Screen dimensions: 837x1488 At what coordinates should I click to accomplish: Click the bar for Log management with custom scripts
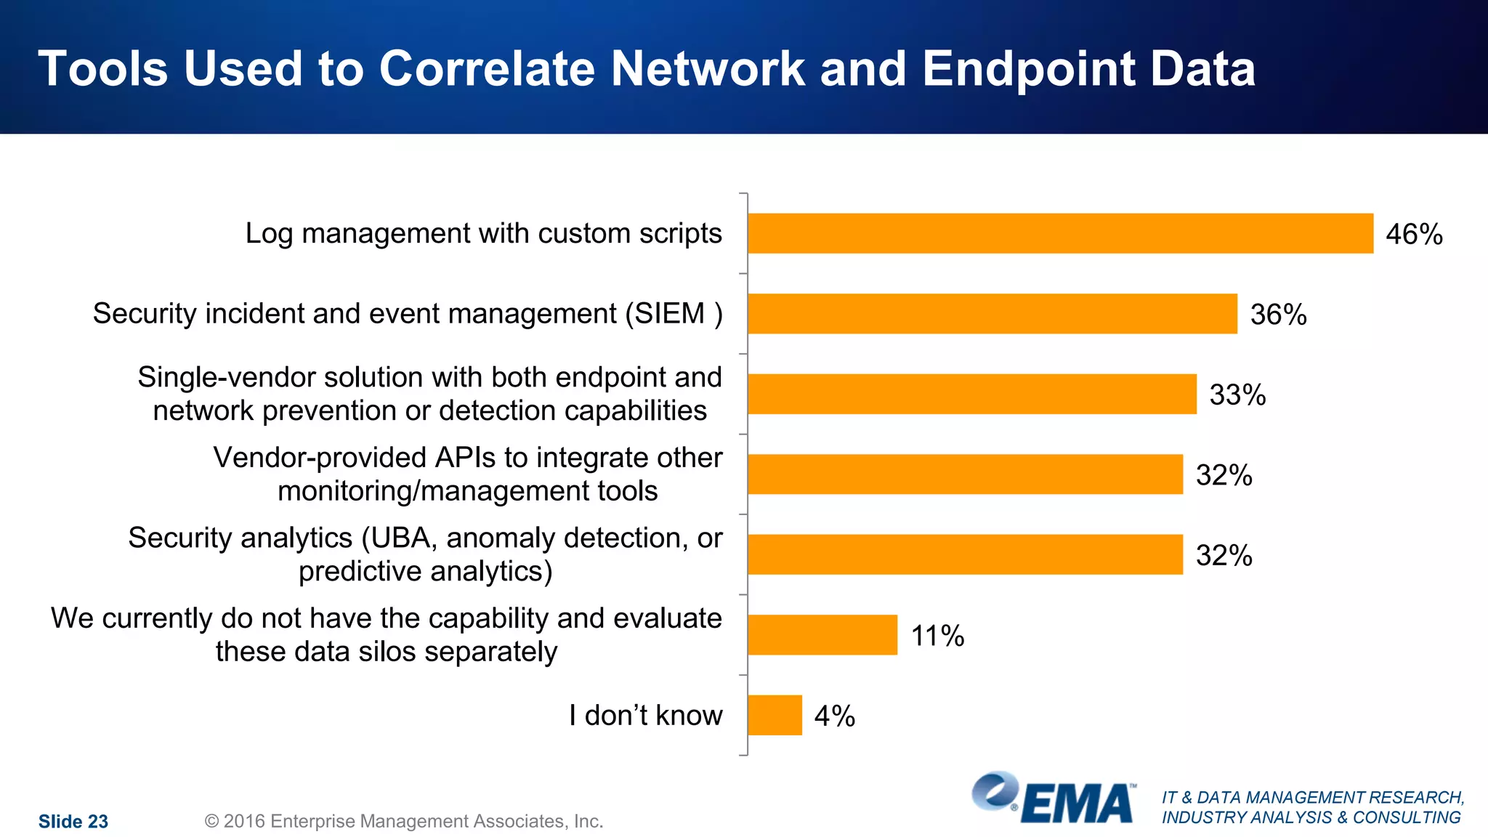1060,233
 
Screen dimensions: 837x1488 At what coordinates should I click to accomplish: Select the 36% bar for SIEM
992,314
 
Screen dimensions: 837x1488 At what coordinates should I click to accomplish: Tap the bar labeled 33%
971,394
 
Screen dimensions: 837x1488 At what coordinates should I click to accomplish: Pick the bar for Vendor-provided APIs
965,474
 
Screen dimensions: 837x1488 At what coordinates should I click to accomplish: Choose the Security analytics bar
965,554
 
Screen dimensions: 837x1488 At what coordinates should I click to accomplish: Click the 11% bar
822,635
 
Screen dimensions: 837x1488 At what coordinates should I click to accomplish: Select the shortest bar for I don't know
775,715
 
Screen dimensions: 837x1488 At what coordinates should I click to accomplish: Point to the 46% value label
1413,235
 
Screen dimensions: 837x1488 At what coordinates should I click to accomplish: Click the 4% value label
834,716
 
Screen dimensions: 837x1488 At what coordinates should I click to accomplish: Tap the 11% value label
937,636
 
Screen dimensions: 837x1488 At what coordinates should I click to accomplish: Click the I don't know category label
645,716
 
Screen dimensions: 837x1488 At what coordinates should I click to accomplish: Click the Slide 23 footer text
73,822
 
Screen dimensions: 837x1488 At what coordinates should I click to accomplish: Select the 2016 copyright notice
403,822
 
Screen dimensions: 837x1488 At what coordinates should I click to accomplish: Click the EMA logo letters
1077,804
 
